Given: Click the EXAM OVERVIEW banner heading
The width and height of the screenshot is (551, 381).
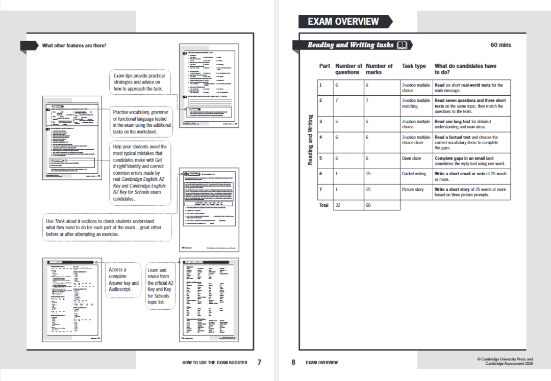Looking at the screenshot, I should point(343,21).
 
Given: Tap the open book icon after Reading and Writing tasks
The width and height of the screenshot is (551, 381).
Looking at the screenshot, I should point(402,45).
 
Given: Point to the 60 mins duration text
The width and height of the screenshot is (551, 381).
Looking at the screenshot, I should point(500,45).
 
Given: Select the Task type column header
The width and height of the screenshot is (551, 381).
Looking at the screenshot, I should point(414,66).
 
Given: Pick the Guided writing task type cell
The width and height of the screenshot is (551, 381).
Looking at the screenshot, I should point(414,174).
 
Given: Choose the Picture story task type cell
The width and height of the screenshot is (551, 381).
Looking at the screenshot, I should point(413,189).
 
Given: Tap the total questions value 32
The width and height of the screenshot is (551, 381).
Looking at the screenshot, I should point(339,205).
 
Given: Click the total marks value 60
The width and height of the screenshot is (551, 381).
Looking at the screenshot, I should point(369,205).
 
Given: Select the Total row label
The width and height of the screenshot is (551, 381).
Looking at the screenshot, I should point(324,205).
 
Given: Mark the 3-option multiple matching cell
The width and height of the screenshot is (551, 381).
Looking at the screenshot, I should point(416,103).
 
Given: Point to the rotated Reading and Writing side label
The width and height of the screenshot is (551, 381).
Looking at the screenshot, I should point(310,140).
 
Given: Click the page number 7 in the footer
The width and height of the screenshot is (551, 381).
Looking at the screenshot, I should point(259,362).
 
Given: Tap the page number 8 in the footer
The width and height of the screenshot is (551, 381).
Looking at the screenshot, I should point(293,362).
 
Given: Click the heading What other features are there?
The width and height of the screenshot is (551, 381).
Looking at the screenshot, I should point(74,46).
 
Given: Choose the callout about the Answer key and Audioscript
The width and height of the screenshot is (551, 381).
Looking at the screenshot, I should point(123,280).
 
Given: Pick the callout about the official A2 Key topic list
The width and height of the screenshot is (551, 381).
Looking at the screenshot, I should point(160,286).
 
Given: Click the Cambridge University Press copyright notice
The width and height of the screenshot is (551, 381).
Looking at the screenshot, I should point(505,361).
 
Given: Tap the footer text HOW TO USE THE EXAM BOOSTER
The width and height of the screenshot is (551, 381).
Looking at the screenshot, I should point(215,363).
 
